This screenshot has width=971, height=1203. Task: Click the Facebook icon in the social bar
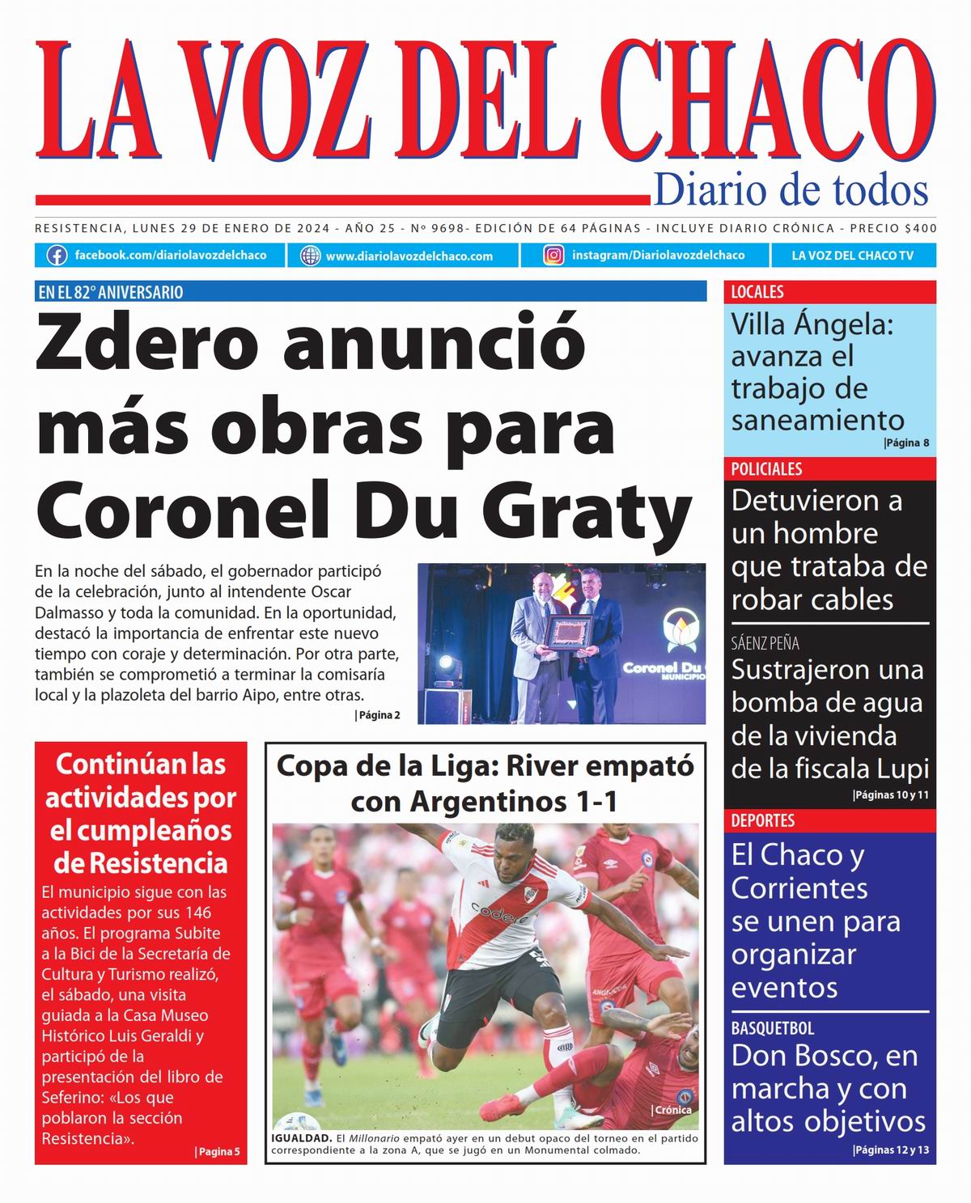(57, 256)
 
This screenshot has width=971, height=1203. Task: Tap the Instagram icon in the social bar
(553, 256)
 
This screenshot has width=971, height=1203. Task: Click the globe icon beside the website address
(310, 256)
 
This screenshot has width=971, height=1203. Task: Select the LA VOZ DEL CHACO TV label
(852, 256)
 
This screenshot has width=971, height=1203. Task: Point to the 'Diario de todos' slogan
(791, 190)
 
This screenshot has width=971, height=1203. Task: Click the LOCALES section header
(757, 292)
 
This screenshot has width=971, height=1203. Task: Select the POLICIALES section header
(766, 469)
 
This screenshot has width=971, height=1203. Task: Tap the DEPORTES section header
(762, 820)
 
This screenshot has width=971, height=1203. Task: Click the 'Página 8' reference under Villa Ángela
(906, 443)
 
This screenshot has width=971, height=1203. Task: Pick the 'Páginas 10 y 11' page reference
(891, 795)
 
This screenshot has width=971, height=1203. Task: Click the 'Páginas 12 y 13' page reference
(892, 1150)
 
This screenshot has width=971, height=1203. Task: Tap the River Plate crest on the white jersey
(532, 894)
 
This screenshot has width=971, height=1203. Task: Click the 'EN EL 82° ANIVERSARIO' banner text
(111, 292)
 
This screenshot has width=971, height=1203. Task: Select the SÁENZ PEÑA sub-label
(765, 644)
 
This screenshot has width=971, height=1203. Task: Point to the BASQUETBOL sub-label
(772, 1028)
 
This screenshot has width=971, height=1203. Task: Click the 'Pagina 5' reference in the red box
(217, 1151)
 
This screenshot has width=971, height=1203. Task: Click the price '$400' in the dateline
(921, 228)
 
